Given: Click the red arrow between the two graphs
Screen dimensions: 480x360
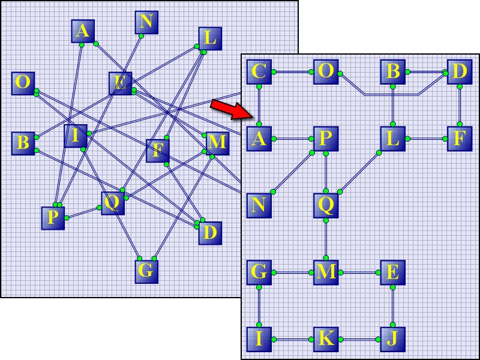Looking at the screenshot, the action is click(x=232, y=109).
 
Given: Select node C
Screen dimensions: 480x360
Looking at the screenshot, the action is click(x=259, y=72).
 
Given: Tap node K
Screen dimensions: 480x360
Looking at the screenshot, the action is click(x=326, y=339).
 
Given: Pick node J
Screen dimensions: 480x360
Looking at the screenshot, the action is click(x=393, y=339).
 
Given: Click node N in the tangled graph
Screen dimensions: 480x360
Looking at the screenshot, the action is click(x=146, y=22).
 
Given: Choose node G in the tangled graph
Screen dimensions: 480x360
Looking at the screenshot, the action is click(x=146, y=272).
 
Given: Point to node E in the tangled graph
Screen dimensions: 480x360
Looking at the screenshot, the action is click(x=121, y=83).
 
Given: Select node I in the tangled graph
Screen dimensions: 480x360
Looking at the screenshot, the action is click(x=76, y=136).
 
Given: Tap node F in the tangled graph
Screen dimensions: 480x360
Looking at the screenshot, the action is click(x=158, y=151).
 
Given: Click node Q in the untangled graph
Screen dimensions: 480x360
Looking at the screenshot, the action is click(x=326, y=205).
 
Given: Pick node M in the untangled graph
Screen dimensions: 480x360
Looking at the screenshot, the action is click(x=326, y=272).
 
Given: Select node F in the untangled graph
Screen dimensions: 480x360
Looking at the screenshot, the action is click(x=460, y=139).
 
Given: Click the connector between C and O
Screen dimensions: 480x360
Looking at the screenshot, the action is click(x=292, y=72).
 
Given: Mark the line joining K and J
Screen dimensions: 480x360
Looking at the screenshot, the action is click(x=359, y=340).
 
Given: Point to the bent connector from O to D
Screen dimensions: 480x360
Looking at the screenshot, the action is click(x=392, y=94).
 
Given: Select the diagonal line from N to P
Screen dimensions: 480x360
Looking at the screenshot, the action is click(x=292, y=172).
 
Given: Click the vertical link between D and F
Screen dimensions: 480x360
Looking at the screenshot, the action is click(x=460, y=106).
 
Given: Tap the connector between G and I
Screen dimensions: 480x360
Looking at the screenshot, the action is click(x=259, y=306).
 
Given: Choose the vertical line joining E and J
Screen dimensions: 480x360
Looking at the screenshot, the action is click(x=393, y=306).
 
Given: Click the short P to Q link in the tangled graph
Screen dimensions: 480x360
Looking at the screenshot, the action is click(x=83, y=213).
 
